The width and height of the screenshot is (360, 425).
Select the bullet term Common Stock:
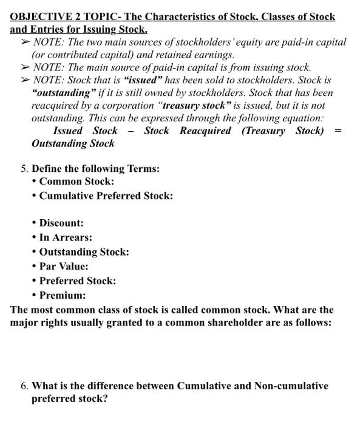[x=76, y=182]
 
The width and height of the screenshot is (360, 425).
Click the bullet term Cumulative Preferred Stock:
[x=106, y=196]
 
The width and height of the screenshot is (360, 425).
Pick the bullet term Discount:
[x=61, y=223]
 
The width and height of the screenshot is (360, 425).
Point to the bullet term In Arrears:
[x=66, y=237]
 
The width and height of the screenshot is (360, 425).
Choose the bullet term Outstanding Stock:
[x=84, y=252]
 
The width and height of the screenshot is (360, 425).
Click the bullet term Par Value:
[x=64, y=267]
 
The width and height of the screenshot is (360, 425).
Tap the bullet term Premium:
[x=63, y=296]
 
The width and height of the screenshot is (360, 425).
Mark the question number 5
[x=23, y=169]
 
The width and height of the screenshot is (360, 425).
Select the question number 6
[x=23, y=386]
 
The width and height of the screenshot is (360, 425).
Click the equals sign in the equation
[x=338, y=131]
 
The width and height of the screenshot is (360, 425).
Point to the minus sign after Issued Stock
[x=131, y=131]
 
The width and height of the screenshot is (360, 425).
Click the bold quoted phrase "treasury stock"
[x=200, y=106]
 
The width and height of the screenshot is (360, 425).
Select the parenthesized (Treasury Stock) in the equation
[x=283, y=131]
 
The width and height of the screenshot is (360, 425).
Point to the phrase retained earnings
[x=197, y=55]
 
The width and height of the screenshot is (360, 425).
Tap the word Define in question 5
[x=47, y=169]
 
